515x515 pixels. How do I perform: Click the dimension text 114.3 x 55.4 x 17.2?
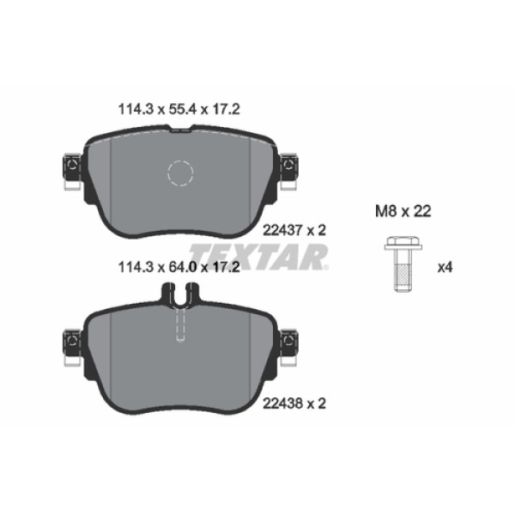tap(177, 109)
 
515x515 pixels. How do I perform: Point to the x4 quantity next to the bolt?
tap(445, 267)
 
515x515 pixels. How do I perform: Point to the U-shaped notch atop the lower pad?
tap(179, 296)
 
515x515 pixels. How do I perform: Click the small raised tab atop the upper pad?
tap(181, 130)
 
